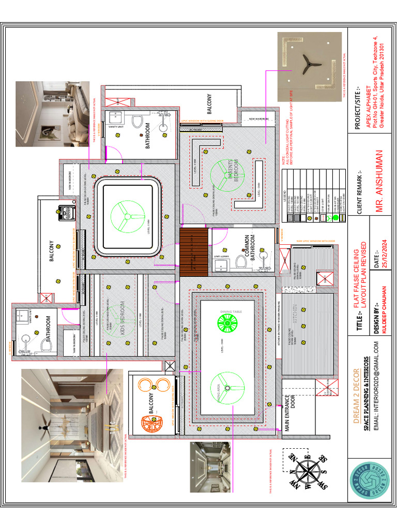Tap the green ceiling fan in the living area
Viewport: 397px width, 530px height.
[226, 390]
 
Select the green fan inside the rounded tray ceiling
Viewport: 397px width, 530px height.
[125, 217]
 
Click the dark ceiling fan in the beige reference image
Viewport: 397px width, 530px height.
[310, 63]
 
